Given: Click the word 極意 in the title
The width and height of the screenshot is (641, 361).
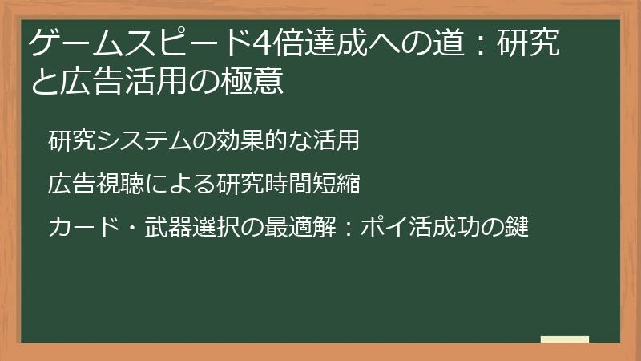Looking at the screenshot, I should pos(252,81).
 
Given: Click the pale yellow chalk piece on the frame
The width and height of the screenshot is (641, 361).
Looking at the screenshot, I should pos(564,339).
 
